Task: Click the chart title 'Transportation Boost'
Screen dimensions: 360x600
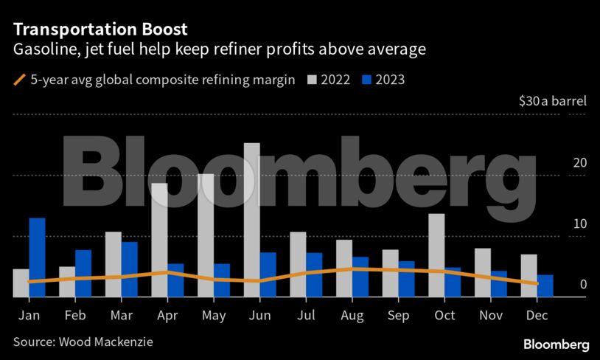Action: pyautogui.click(x=100, y=30)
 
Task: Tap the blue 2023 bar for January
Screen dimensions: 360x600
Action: pyautogui.click(x=37, y=257)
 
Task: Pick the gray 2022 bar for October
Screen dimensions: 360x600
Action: pyautogui.click(x=436, y=255)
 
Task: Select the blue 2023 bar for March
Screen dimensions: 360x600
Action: pyautogui.click(x=130, y=269)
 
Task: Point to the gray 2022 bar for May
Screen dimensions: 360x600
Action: pyautogui.click(x=206, y=235)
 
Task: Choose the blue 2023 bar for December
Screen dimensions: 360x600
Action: pyautogui.click(x=545, y=285)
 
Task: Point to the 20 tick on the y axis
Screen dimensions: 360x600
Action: pyautogui.click(x=580, y=163)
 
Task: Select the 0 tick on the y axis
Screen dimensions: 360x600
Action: pyautogui.click(x=583, y=285)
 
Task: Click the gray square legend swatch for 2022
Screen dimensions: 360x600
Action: pyautogui.click(x=311, y=79)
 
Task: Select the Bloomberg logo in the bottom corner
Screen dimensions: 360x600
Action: pyautogui.click(x=556, y=345)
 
